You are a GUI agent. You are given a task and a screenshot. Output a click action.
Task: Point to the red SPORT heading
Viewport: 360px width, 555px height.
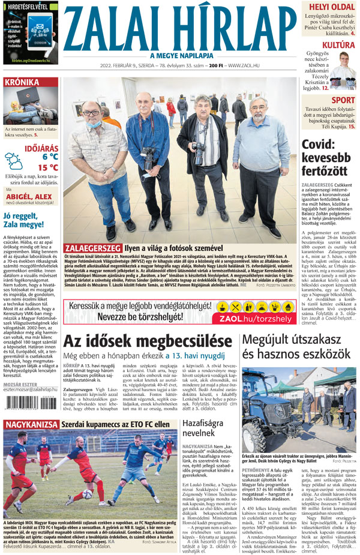343,100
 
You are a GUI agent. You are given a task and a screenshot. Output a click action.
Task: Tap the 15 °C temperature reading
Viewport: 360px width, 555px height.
48,167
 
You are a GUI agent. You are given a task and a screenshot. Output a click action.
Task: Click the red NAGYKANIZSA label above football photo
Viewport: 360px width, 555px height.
30,425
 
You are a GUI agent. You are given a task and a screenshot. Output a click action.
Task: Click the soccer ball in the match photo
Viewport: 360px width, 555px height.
88,494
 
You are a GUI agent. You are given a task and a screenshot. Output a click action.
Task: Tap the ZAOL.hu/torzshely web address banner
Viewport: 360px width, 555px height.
256,319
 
